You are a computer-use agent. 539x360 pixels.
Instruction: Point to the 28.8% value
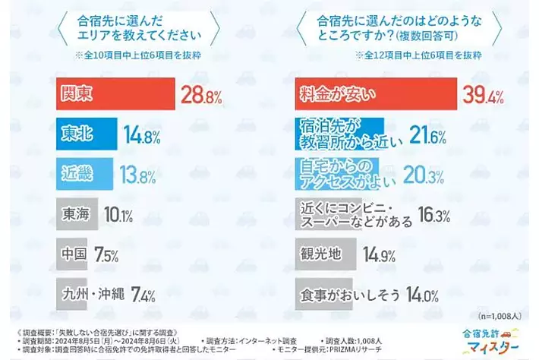tap(200, 95)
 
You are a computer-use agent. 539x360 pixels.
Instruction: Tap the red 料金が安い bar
tap(373, 94)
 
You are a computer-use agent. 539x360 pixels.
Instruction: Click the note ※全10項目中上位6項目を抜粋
tap(134, 55)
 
